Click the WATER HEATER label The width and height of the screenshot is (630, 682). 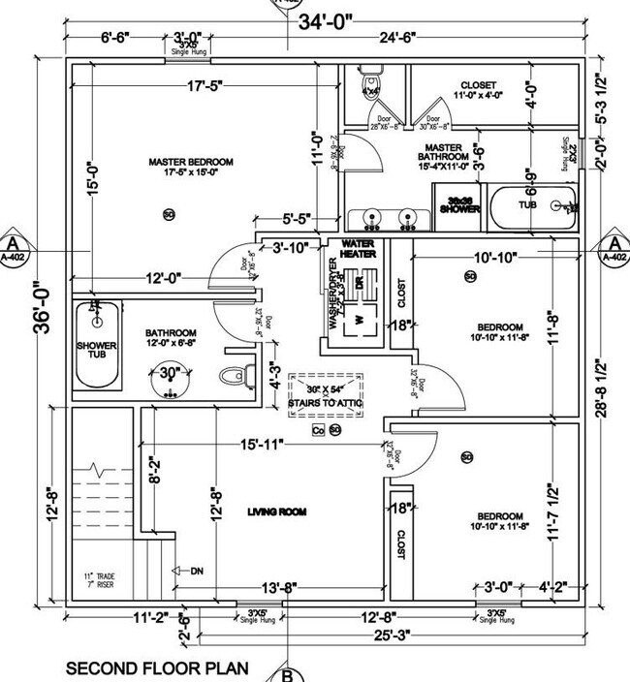click(357, 248)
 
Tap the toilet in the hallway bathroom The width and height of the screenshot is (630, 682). click(230, 376)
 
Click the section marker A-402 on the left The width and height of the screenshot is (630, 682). click(14, 249)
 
